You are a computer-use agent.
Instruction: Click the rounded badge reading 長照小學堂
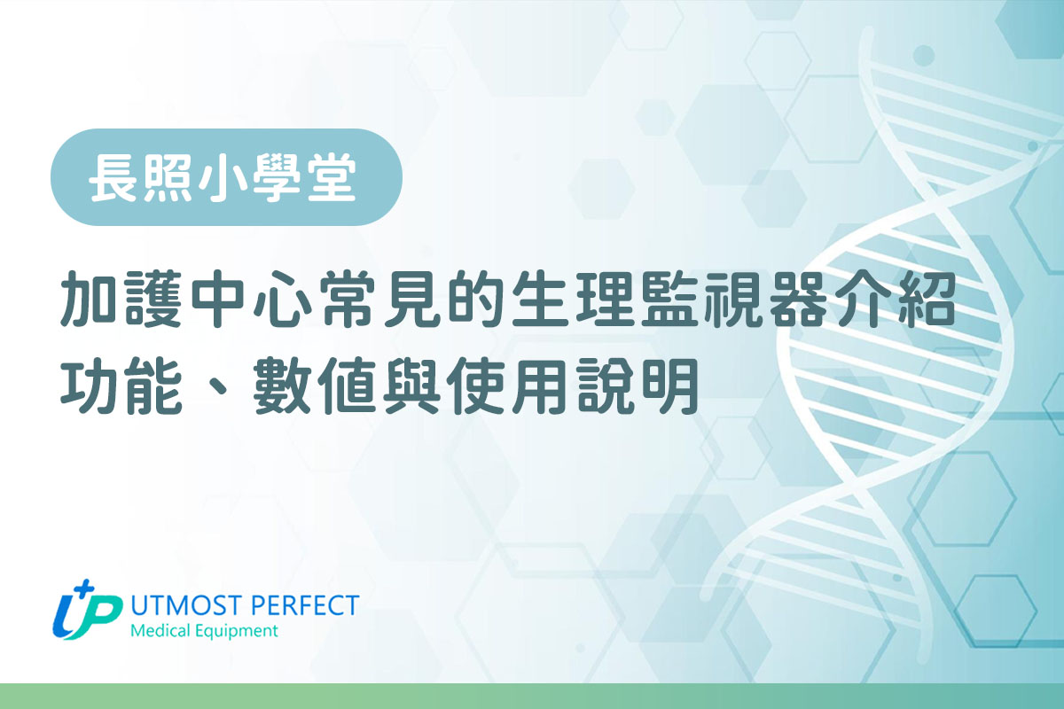click(x=226, y=177)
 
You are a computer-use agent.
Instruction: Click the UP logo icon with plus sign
click(x=87, y=610)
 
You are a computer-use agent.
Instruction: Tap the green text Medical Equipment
click(x=203, y=631)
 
